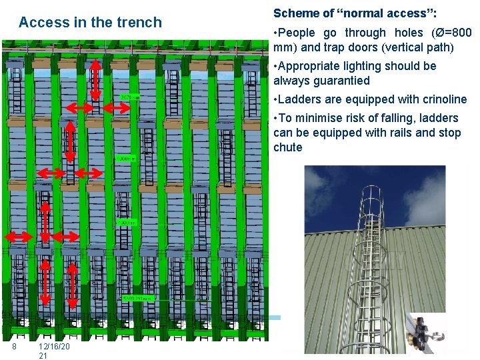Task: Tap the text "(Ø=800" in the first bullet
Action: click(450, 33)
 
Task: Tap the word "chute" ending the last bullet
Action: click(287, 147)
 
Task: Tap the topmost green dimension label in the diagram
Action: click(129, 97)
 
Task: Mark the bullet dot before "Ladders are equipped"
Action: click(276, 99)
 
